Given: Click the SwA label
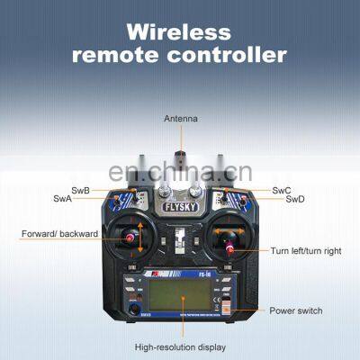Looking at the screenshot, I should [62, 199].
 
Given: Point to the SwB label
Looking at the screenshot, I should [79, 190].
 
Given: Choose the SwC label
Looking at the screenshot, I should [281, 190].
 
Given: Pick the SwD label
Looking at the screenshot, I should [295, 199].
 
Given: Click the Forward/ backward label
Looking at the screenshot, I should [54, 236].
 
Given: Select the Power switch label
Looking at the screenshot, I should [295, 310].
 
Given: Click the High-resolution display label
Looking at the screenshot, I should [180, 346].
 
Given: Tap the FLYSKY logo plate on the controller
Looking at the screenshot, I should [180, 206].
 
